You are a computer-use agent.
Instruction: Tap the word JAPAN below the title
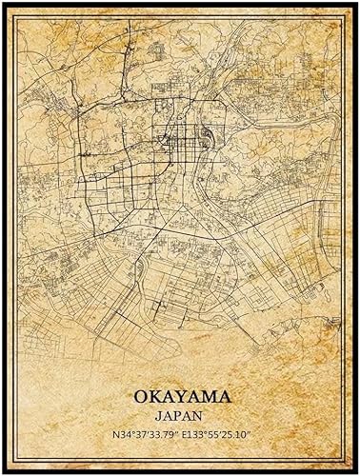179,414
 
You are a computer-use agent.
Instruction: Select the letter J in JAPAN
161,414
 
